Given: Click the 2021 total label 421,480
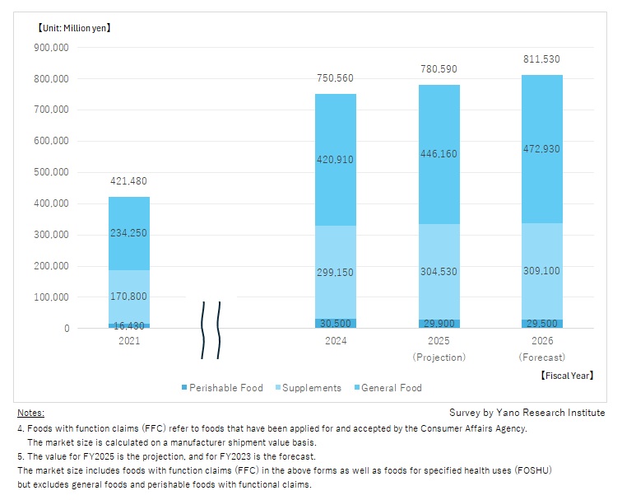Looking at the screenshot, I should click(x=128, y=181).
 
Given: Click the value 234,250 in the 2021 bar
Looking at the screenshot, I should click(x=128, y=233).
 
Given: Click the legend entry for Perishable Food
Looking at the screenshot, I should click(x=223, y=388).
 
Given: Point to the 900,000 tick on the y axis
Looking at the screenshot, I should click(x=51, y=48).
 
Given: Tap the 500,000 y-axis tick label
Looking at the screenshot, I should click(x=51, y=172).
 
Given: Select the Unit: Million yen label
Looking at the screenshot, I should click(x=73, y=28).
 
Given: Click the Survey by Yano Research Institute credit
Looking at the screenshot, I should click(x=527, y=413).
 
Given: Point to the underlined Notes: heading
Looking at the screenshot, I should click(x=30, y=413).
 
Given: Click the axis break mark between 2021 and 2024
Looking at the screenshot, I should click(x=211, y=329).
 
